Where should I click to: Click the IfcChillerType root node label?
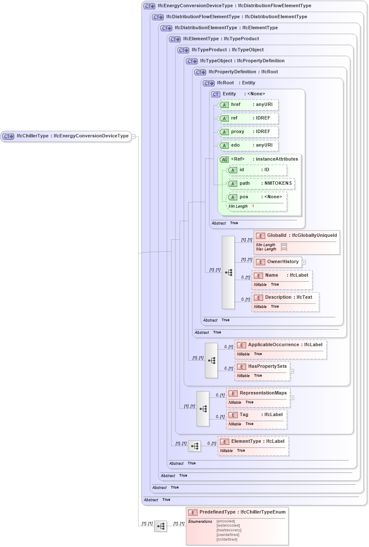point(72,136)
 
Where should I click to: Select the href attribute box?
point(248,105)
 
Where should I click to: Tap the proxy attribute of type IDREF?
point(248,132)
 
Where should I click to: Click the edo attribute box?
point(248,145)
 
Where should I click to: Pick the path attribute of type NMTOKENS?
point(261,183)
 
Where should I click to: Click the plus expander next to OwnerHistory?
point(304,262)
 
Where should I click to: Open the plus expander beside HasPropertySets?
point(292,371)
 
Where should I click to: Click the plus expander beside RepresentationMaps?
point(292,398)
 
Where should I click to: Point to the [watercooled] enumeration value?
point(228,525)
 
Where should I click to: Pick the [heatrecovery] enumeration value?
point(229,530)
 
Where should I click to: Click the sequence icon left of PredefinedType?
point(161,526)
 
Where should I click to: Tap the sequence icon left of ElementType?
point(194,446)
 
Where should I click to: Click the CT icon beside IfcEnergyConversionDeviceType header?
point(149,6)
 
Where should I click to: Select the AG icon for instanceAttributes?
point(224,160)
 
